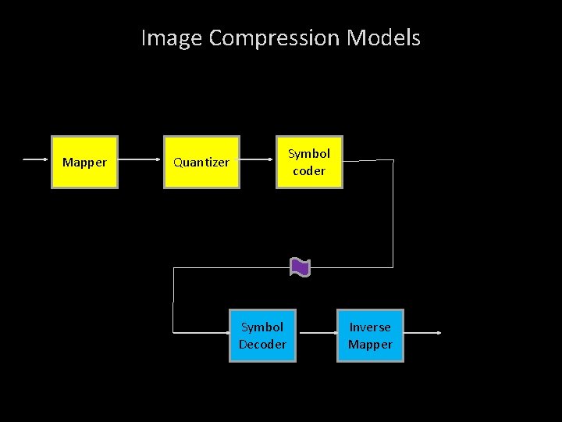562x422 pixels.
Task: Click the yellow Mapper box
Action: click(x=84, y=163)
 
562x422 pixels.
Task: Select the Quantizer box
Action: click(x=201, y=163)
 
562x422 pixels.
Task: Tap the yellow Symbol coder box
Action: click(x=309, y=163)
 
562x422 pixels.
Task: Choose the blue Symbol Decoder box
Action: click(x=262, y=336)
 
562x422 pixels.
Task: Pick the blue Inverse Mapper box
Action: click(x=370, y=336)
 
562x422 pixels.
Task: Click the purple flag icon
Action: click(x=300, y=267)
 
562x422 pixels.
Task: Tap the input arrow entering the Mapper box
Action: click(x=37, y=160)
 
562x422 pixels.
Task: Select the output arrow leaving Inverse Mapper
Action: click(x=423, y=333)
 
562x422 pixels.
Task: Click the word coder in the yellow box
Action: click(x=309, y=171)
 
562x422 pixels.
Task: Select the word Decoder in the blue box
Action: click(x=262, y=345)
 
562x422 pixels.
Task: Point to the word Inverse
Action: click(x=370, y=327)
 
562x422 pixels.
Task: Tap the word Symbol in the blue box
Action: click(x=262, y=327)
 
